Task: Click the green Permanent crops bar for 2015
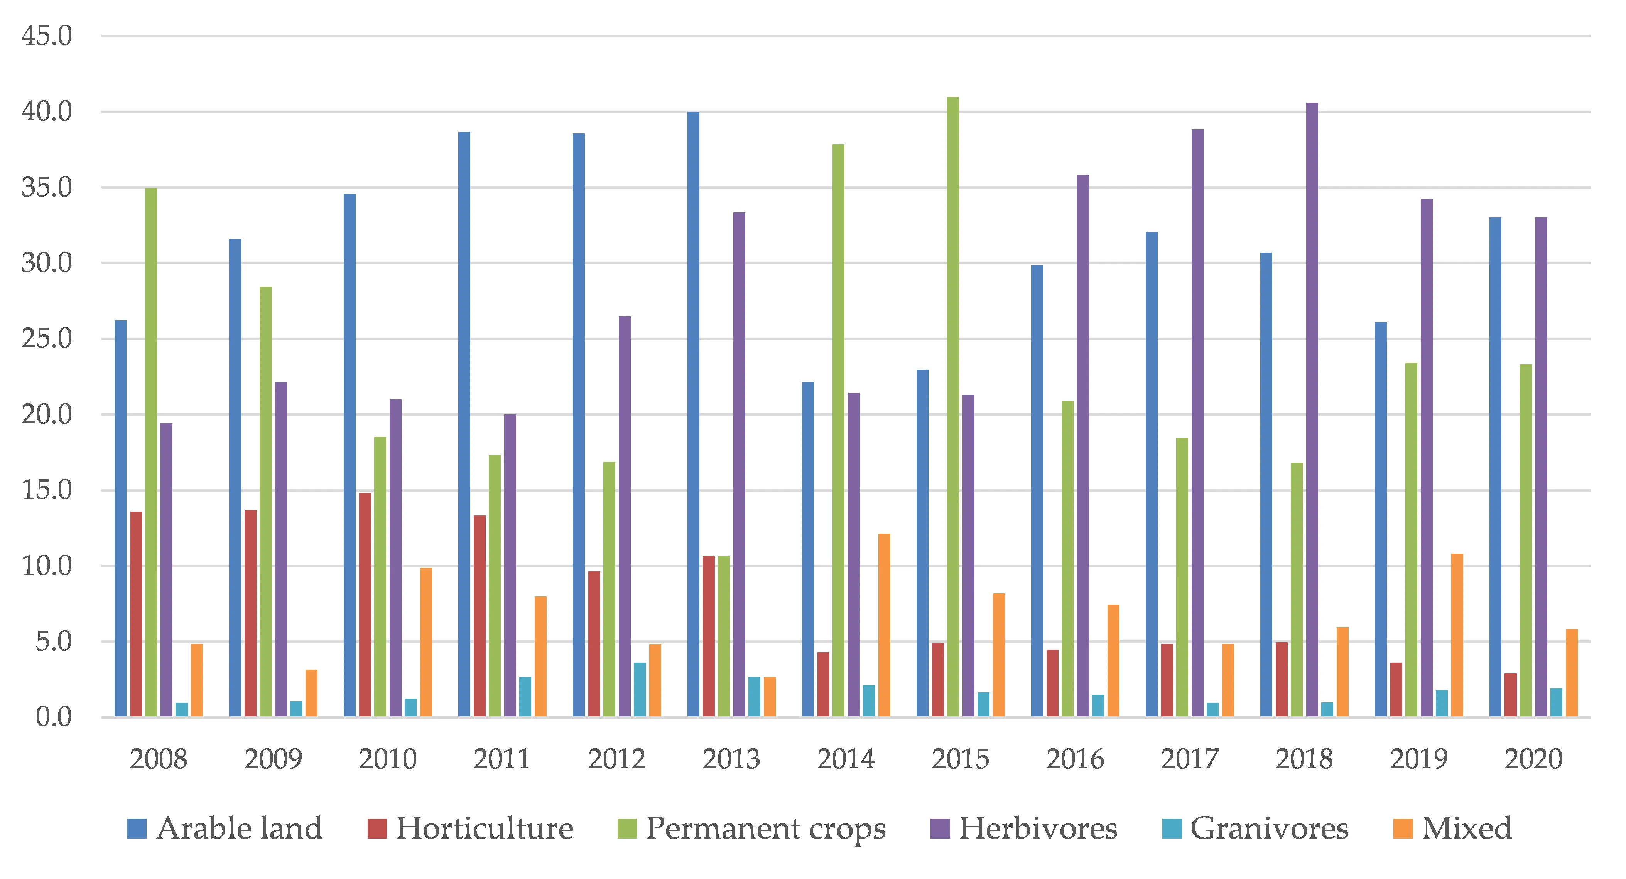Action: (952, 407)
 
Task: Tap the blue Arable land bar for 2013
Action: (693, 414)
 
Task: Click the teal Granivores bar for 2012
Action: (640, 690)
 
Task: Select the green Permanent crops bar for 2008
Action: (151, 453)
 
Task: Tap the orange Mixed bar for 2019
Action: (1457, 635)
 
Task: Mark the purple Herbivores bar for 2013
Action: (739, 465)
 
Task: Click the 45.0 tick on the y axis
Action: (47, 36)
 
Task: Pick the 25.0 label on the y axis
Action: (47, 339)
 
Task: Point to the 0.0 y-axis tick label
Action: (54, 717)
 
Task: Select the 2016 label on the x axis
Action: (1075, 758)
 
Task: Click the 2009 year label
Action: (273, 758)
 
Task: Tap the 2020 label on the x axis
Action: (1533, 758)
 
